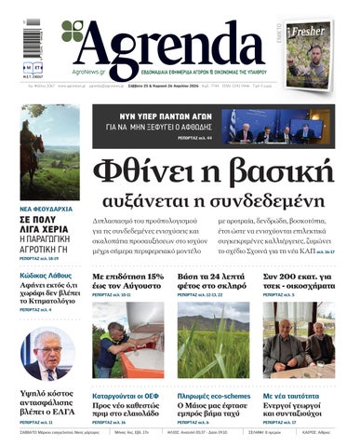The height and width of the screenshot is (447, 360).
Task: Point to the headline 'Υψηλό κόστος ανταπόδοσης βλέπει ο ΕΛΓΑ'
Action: tap(48, 405)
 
